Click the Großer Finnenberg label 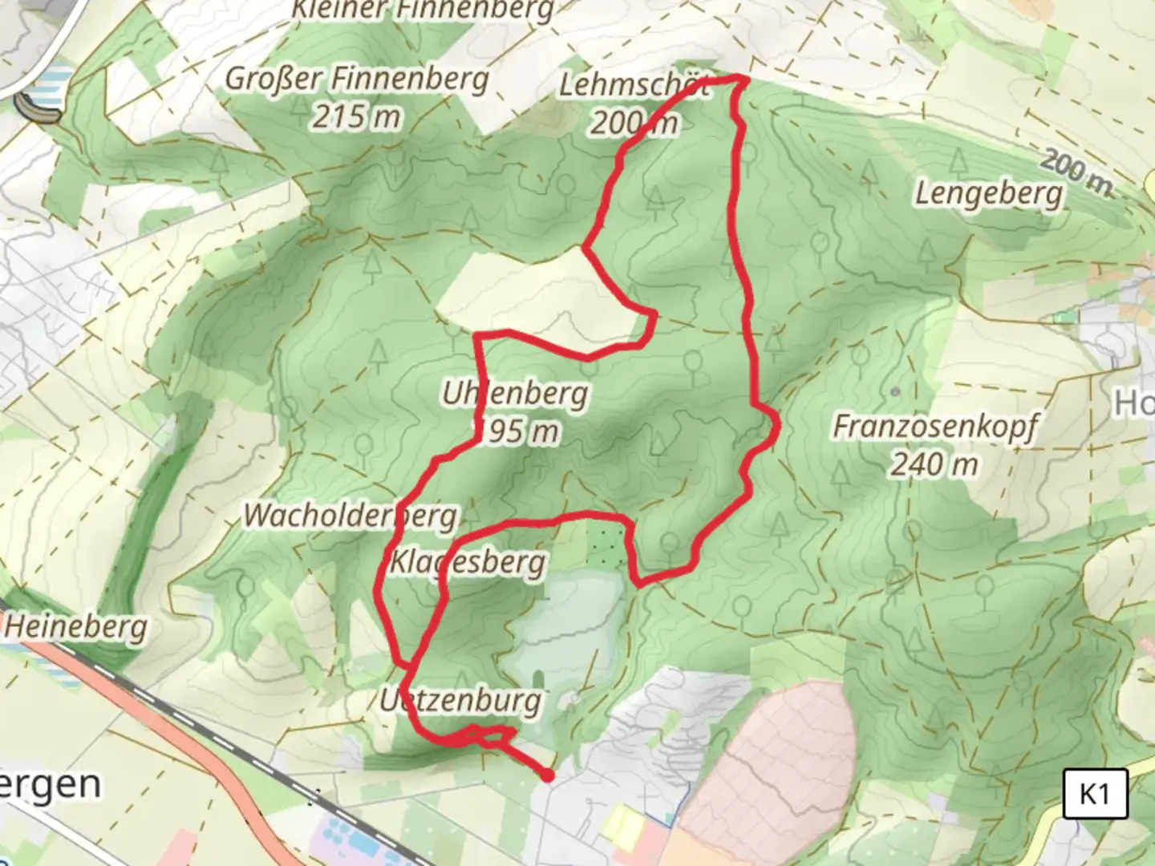click(x=357, y=80)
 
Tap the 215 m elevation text click(x=356, y=117)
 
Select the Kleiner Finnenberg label click(x=423, y=10)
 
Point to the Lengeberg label click(x=989, y=193)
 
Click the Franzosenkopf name click(x=935, y=426)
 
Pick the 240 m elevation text click(x=934, y=463)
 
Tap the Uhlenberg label click(x=514, y=394)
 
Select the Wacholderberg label click(x=351, y=516)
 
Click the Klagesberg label click(x=467, y=562)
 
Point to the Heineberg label click(x=76, y=626)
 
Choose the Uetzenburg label click(x=460, y=700)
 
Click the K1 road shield click(x=1095, y=794)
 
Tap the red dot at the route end click(x=547, y=775)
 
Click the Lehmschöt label click(x=634, y=85)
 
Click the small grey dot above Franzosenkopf click(x=895, y=392)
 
